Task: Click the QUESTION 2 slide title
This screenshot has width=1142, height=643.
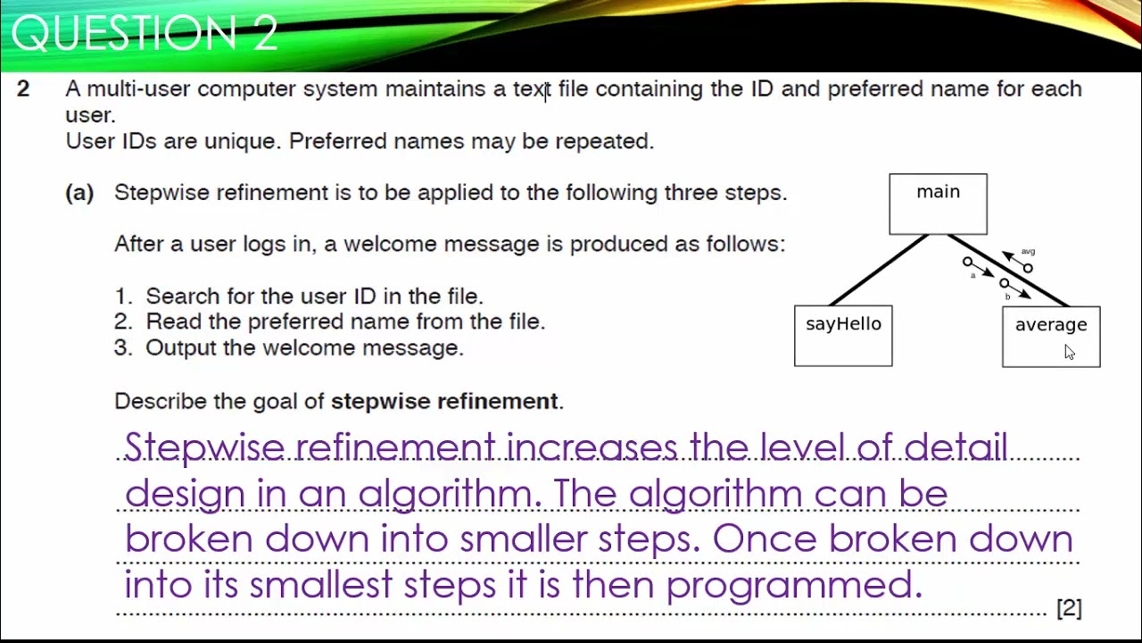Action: [145, 34]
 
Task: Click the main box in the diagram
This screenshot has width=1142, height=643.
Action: [938, 204]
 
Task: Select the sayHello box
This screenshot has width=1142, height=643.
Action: [843, 335]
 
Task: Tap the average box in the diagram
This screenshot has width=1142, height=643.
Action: [1050, 336]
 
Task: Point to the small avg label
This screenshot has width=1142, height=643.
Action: [1028, 252]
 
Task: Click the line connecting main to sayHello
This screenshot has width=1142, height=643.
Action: [879, 271]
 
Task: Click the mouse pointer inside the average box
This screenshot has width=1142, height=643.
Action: [1069, 352]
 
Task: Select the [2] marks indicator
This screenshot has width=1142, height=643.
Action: [1069, 608]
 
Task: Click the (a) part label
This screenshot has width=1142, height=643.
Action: [79, 193]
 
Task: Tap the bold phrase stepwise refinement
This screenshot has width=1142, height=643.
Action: [444, 402]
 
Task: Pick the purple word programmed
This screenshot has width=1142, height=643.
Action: [793, 585]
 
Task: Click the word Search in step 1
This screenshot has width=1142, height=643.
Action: [178, 296]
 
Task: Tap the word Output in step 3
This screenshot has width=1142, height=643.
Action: [180, 348]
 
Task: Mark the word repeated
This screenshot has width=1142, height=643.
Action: [604, 141]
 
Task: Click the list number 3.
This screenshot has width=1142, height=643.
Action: [121, 348]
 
